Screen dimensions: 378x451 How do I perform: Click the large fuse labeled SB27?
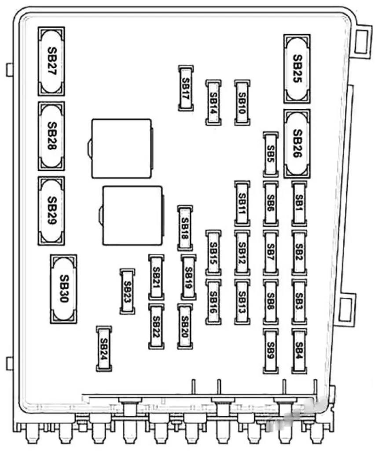click(51, 61)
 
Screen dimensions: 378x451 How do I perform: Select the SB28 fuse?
click(51, 136)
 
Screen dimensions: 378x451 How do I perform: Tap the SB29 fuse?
click(51, 211)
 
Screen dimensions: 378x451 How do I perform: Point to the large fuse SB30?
click(63, 289)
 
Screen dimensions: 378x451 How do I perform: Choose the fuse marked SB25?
click(297, 69)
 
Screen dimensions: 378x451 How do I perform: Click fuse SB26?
click(297, 144)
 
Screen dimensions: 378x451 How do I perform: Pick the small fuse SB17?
click(186, 88)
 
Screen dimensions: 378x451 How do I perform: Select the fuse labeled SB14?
click(213, 103)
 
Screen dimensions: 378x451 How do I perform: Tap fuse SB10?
click(242, 103)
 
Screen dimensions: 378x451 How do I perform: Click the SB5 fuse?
click(271, 155)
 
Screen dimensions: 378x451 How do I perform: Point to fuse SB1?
click(299, 203)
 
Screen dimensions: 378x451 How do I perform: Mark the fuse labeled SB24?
click(104, 349)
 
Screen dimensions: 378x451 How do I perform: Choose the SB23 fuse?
click(127, 292)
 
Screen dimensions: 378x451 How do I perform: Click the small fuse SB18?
click(185, 229)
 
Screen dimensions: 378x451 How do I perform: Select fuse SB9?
click(271, 351)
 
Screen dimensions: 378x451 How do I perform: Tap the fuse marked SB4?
click(299, 351)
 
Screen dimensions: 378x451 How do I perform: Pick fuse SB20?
click(185, 326)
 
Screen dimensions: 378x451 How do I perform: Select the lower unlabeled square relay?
click(132, 216)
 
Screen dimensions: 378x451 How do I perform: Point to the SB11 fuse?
click(242, 203)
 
